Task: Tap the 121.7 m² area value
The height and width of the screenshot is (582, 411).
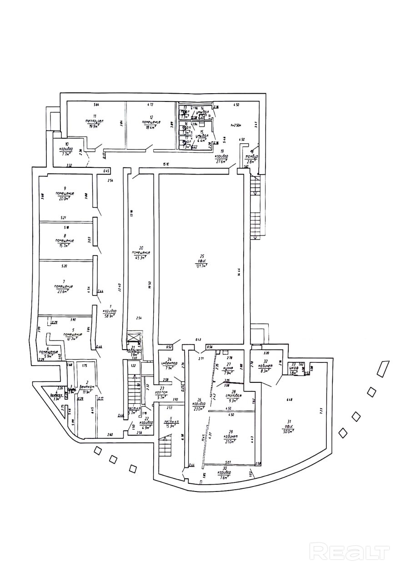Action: click(200, 266)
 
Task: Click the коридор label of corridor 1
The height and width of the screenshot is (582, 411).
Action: click(110, 311)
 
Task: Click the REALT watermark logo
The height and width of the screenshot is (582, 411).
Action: click(350, 552)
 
